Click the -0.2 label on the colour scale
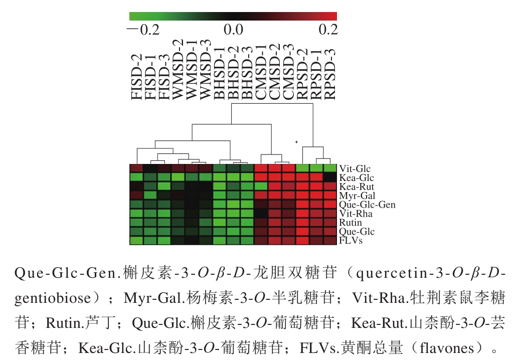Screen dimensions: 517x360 (x=143, y=30)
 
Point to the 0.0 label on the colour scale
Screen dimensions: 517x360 (x=234, y=30)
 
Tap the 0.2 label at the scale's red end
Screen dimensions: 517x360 (x=328, y=30)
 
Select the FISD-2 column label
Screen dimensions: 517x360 (x=136, y=77)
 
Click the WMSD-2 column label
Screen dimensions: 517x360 (x=178, y=69)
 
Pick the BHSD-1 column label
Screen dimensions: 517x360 (x=220, y=73)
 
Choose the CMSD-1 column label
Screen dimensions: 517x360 (x=261, y=72)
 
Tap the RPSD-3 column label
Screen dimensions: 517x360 (x=330, y=74)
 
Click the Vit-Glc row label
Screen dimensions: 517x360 (x=355, y=169)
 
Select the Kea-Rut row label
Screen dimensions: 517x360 (x=357, y=187)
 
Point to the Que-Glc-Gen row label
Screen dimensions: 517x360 (x=367, y=205)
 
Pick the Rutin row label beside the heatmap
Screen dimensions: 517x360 (x=351, y=223)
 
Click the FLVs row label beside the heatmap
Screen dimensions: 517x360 (x=351, y=240)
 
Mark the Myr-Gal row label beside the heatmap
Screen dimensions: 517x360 (x=358, y=196)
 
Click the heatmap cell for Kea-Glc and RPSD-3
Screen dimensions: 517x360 (x=330, y=177)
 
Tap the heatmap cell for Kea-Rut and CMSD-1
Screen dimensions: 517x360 (x=261, y=187)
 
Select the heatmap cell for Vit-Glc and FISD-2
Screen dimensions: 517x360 (x=136, y=168)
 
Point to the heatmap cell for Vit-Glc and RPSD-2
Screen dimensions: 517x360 (x=302, y=168)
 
